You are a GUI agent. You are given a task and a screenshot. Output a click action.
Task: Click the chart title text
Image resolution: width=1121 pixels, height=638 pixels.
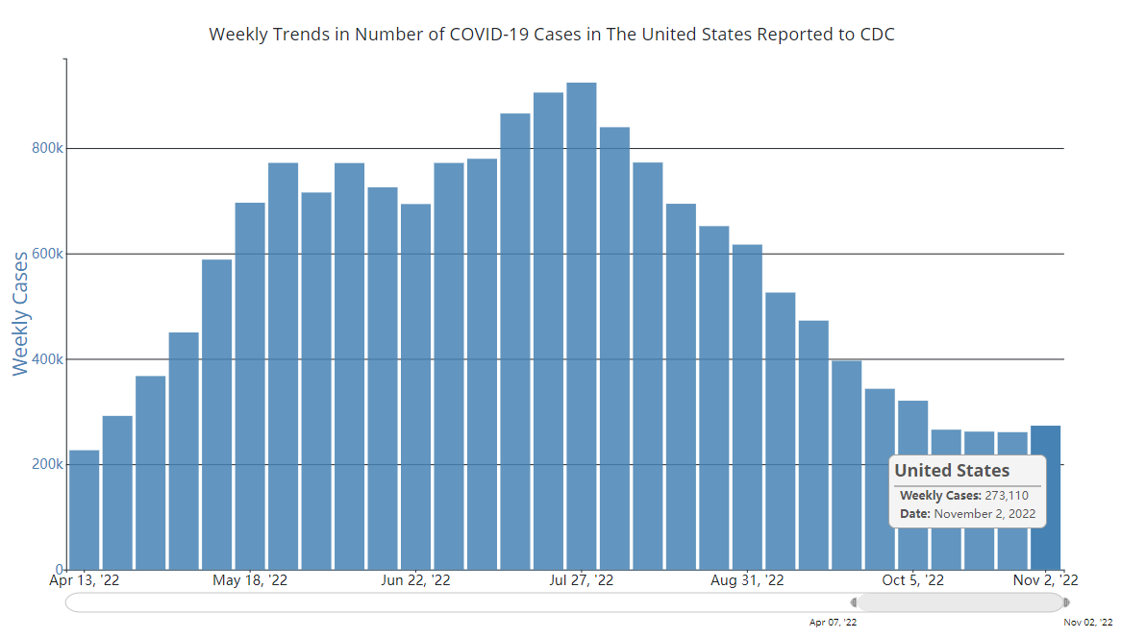tap(552, 35)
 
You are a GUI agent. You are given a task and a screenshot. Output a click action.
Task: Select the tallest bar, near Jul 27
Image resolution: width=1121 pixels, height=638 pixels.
tap(582, 327)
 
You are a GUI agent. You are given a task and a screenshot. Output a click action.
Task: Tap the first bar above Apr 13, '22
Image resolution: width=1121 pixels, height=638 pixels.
tap(85, 509)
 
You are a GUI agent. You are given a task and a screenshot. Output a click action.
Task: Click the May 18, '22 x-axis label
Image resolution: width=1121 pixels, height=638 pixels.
tap(250, 580)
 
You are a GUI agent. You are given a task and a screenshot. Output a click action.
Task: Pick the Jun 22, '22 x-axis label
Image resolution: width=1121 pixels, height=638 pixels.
tap(416, 580)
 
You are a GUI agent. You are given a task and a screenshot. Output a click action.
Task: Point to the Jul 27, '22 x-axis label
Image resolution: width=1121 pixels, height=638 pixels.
tap(582, 580)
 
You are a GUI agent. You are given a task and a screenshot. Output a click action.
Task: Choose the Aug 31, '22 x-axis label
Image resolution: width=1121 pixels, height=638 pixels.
tap(747, 580)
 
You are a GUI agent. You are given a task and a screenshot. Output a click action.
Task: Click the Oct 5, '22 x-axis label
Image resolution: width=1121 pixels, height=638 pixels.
tap(913, 580)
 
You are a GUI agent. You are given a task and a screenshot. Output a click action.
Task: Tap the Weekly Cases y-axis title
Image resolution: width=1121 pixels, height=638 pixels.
tap(21, 313)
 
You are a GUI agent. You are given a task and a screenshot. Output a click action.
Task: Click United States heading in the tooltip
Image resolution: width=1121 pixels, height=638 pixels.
tap(952, 471)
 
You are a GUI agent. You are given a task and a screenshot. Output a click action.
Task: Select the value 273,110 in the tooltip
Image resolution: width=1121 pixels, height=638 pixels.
tap(1007, 496)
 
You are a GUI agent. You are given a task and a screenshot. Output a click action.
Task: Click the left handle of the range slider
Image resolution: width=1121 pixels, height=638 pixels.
tap(854, 602)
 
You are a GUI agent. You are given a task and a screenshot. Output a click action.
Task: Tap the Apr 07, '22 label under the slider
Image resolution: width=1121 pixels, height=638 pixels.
tap(833, 623)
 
